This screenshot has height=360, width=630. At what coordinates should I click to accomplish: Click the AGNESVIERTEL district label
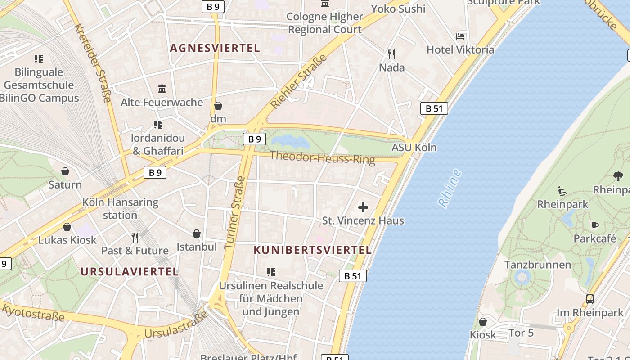[215, 48]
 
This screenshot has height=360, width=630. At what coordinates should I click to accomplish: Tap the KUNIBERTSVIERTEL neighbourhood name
[313, 250]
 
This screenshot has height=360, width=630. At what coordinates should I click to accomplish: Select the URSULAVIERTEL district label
[130, 271]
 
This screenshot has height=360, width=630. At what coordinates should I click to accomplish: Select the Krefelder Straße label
[92, 63]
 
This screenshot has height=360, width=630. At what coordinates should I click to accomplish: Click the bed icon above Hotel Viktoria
[460, 36]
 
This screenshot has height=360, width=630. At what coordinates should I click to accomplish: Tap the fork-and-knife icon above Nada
[391, 54]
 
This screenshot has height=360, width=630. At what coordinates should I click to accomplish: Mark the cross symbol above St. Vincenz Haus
[363, 207]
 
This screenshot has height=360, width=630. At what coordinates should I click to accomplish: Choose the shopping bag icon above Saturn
[65, 171]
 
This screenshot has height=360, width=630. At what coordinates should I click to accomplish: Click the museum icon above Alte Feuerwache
[162, 89]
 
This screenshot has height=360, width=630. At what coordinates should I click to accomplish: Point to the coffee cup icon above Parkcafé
[594, 225]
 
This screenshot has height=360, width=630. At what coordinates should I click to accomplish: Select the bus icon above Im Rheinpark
[589, 299]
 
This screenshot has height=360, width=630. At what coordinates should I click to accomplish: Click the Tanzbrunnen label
[537, 264]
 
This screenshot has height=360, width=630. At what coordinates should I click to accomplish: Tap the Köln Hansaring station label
[120, 209]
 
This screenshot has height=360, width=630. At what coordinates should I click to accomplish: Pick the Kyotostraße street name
[33, 312]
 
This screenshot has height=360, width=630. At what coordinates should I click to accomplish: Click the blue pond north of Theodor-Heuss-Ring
[290, 141]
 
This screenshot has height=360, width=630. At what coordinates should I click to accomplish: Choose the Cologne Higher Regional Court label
[325, 23]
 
